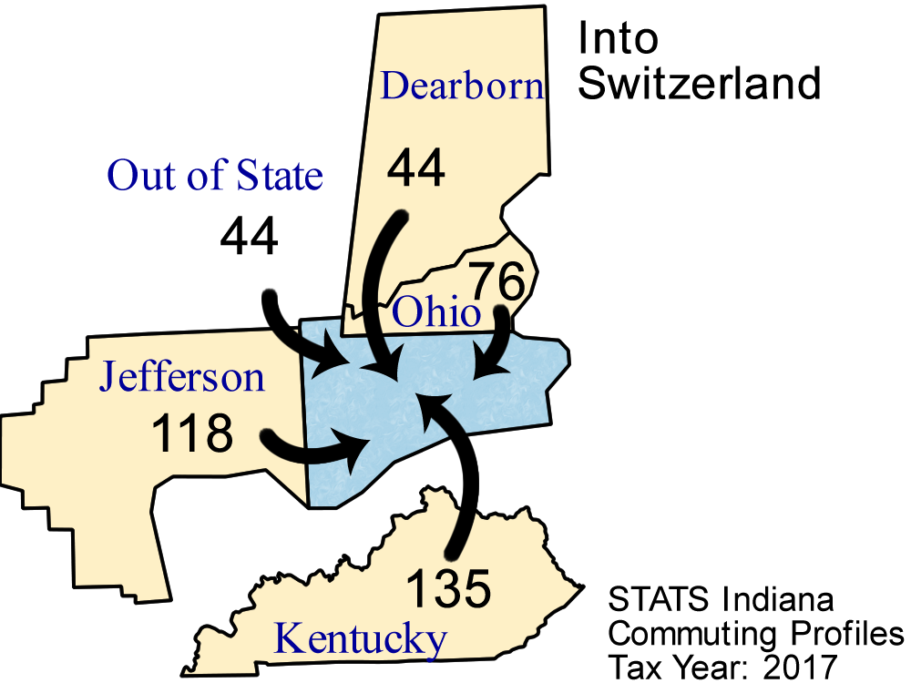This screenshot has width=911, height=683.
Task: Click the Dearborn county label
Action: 462,86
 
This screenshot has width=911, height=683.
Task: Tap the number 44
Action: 416,169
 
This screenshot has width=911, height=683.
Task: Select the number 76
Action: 498,281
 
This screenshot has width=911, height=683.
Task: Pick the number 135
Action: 447,589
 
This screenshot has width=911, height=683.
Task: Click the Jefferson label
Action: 182,376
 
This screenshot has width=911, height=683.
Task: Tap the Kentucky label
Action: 361,638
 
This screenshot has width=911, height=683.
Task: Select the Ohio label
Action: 435,314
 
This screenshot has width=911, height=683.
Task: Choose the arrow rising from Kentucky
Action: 465,483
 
